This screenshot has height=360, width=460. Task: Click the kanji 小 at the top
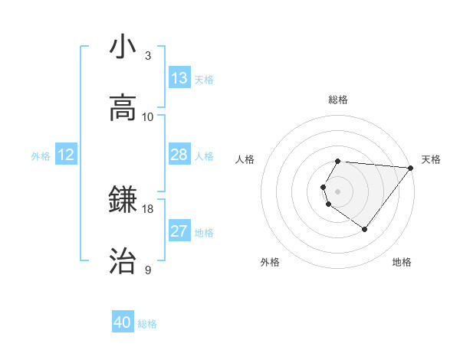(123, 47)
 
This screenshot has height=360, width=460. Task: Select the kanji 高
(123, 108)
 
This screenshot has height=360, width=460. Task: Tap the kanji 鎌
(123, 200)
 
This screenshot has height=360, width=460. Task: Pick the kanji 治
(123, 261)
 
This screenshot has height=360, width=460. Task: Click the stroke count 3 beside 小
(148, 56)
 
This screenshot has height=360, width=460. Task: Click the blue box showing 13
(179, 78)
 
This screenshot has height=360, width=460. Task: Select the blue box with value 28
(179, 155)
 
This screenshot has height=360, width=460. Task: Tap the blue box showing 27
(179, 231)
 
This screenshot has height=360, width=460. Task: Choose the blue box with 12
(66, 155)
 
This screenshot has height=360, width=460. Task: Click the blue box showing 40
(123, 322)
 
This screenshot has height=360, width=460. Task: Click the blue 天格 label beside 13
(204, 80)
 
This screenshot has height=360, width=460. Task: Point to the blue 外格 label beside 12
(41, 156)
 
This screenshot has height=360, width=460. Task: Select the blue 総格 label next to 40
(147, 324)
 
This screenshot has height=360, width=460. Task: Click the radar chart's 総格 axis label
(338, 100)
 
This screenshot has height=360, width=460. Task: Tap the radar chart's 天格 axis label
(431, 159)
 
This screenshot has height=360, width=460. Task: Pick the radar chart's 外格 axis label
(270, 262)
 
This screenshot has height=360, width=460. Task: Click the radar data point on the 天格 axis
(411, 168)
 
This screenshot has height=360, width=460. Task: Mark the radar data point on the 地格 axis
(364, 229)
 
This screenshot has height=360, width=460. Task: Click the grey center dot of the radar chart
(338, 191)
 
